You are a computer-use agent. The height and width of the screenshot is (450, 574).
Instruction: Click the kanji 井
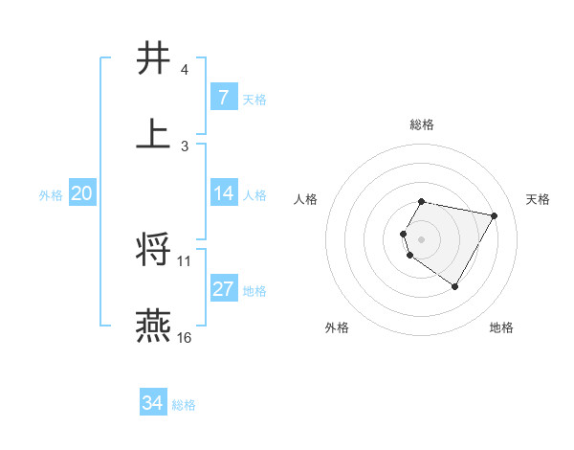[x=154, y=58]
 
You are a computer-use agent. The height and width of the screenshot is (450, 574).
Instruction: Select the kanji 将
[x=154, y=250]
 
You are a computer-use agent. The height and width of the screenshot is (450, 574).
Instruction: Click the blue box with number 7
[x=223, y=98]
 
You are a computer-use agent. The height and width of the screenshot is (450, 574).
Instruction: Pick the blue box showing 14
[x=223, y=194]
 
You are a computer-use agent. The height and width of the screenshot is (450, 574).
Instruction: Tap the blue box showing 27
[x=223, y=290]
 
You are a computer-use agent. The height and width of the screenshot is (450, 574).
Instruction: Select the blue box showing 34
[x=153, y=404]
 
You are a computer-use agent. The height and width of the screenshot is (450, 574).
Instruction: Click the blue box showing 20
[x=81, y=194]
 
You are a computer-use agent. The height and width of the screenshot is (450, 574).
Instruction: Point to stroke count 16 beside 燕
[x=185, y=338]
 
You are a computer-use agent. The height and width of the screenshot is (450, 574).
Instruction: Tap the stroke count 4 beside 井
[x=185, y=71]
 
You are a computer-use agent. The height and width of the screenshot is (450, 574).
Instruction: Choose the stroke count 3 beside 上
[x=185, y=146]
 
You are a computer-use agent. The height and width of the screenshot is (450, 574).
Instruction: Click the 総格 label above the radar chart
[x=422, y=124]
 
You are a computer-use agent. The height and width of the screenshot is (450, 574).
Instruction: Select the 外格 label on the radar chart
[x=337, y=327]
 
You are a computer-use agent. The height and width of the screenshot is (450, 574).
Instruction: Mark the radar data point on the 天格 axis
[x=494, y=216]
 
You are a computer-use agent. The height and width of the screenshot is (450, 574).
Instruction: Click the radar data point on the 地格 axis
[x=454, y=286]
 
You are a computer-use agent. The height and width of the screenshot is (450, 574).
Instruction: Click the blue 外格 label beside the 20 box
[x=51, y=195]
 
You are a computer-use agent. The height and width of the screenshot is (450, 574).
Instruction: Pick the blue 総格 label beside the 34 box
[x=184, y=405]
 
